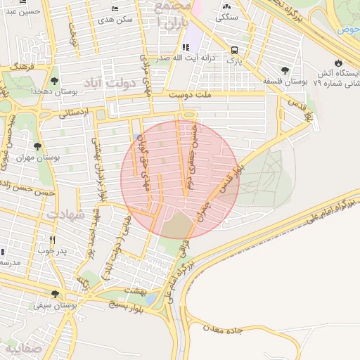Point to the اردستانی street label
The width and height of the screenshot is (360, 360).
click(x=70, y=112)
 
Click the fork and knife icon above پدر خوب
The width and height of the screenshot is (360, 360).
click(x=52, y=239)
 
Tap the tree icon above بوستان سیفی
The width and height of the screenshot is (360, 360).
click(x=37, y=295)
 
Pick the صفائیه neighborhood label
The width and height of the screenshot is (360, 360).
click(x=21, y=348)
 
